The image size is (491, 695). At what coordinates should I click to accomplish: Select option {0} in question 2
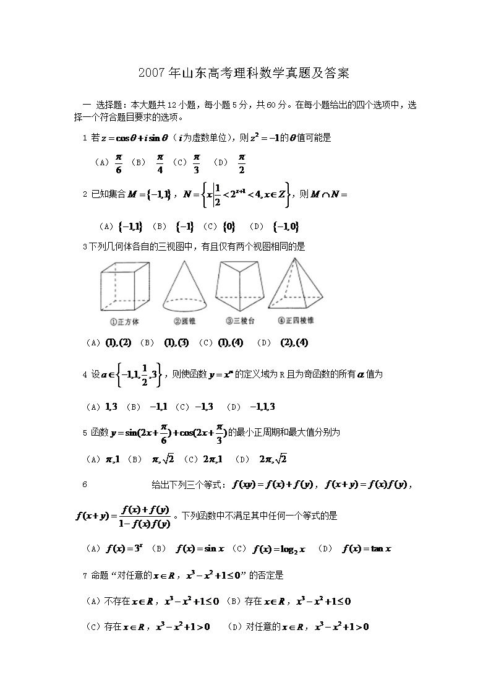[x=228, y=227]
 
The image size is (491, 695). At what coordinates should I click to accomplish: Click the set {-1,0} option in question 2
[x=288, y=227]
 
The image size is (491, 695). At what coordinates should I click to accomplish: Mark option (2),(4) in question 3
[x=294, y=342]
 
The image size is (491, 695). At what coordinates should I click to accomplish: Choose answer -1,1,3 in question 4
[x=262, y=407]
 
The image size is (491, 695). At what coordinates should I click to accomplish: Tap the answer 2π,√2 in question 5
[x=273, y=459]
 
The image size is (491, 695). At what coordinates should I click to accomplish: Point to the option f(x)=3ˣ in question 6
[x=124, y=548]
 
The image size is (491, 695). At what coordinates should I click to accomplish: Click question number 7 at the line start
[x=85, y=576]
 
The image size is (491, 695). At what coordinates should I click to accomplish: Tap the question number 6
[x=85, y=485]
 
